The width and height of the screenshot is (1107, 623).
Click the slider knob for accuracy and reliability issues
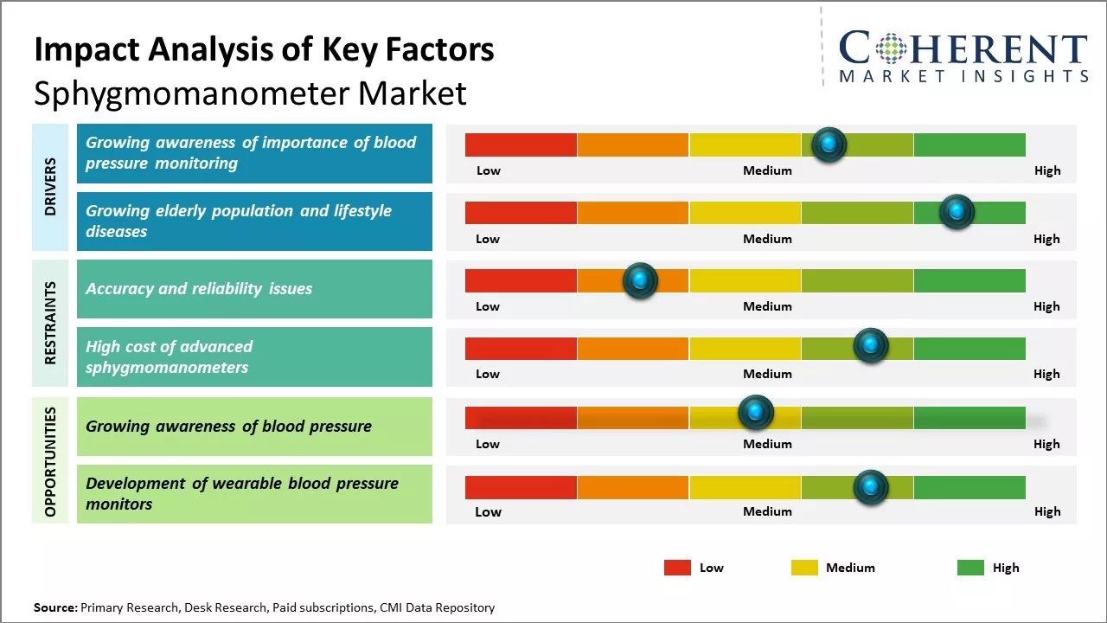640,280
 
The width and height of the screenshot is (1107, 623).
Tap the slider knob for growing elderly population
957,212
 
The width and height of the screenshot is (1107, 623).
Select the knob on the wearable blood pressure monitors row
870,487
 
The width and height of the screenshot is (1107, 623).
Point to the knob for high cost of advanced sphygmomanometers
870,346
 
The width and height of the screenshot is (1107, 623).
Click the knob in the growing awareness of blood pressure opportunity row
755,413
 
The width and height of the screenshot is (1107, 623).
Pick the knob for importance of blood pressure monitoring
829,145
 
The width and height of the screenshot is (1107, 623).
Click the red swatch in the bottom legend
677,568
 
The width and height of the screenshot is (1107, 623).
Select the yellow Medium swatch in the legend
804,568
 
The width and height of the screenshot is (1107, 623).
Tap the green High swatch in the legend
970,568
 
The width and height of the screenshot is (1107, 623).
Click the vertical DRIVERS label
50,187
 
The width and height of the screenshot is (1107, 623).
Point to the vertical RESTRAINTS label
50,323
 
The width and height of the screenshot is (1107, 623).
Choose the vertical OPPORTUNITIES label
50,460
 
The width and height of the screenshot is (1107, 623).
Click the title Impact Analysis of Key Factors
264,49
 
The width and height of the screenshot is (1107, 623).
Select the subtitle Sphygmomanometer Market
250,93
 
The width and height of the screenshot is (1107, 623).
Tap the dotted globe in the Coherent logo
891,48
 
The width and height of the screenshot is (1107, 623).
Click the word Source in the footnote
55,607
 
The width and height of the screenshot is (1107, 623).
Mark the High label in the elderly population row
1046,239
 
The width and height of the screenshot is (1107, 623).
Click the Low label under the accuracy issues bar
488,306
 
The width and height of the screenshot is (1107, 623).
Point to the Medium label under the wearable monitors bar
767,511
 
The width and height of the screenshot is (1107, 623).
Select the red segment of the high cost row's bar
521,349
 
